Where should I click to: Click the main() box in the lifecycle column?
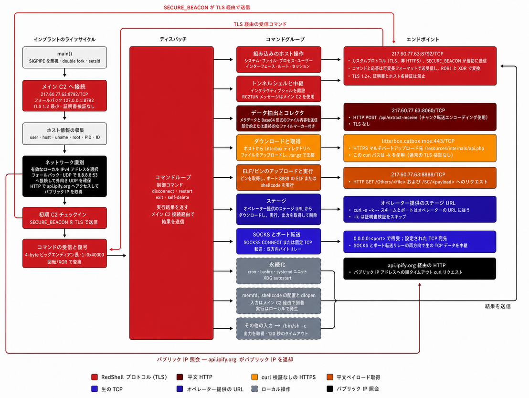click(x=64, y=57)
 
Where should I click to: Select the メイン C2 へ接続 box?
click(x=64, y=96)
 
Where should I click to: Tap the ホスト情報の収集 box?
click(x=64, y=134)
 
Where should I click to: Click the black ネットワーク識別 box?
click(x=64, y=176)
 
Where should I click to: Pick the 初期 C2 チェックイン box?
click(x=64, y=218)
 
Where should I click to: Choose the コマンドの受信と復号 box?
click(x=64, y=254)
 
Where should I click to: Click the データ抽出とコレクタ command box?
click(x=278, y=118)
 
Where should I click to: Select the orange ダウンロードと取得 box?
click(x=278, y=148)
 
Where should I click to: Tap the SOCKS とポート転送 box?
click(x=278, y=241)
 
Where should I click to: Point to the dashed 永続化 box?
click(x=278, y=271)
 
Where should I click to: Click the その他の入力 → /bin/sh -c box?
click(x=278, y=328)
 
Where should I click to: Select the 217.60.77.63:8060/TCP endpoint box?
click(x=420, y=117)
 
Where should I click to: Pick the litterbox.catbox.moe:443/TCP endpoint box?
click(x=420, y=148)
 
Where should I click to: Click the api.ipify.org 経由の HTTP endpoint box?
click(x=420, y=269)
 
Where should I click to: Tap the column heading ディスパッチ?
click(x=173, y=39)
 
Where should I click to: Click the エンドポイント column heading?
click(x=423, y=39)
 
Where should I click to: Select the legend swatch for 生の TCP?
click(x=95, y=389)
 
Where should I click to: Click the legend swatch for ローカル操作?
click(x=255, y=389)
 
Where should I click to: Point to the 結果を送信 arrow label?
click(x=497, y=306)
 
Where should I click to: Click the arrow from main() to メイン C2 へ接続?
click(x=64, y=73)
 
